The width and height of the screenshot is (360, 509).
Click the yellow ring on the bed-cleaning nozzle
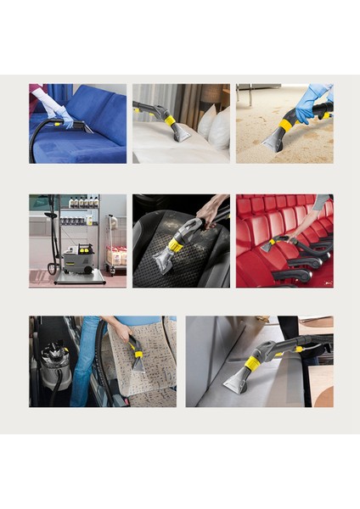pyautogui.click(x=171, y=120)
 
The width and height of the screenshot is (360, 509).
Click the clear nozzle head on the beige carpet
pyautogui.click(x=273, y=141)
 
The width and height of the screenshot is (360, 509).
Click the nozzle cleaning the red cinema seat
pyautogui.click(x=271, y=245)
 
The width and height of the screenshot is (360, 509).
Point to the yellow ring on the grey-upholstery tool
pyautogui.click(x=252, y=364)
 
